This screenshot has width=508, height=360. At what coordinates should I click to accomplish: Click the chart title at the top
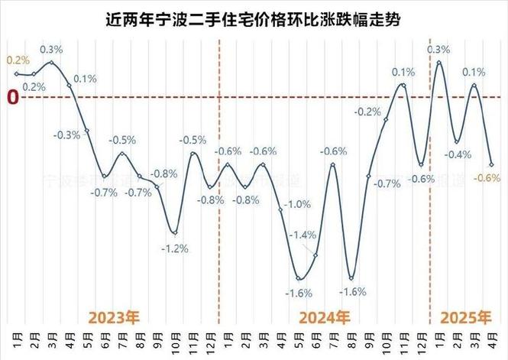[x=253, y=18]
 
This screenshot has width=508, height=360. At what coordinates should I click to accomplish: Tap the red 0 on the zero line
[x=11, y=98]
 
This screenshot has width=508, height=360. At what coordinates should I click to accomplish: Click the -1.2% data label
[x=175, y=248]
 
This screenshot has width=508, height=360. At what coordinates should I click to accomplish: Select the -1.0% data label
[x=297, y=205]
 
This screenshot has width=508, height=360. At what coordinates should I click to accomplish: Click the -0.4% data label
[x=458, y=155]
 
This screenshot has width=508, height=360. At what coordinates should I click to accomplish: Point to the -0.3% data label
[x=67, y=135]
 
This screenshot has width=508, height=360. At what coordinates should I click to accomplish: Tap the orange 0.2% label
[x=18, y=60]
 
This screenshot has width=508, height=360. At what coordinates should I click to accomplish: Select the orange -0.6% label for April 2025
[x=487, y=178]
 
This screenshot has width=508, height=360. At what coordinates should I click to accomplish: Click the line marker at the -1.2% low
[x=175, y=233]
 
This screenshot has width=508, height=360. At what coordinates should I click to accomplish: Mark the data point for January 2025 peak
[x=438, y=62]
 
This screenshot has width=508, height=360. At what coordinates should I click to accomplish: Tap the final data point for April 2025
[x=491, y=164]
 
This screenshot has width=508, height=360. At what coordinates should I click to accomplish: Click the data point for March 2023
[x=51, y=62]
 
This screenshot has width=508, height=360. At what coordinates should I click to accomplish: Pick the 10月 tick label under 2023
[x=175, y=339]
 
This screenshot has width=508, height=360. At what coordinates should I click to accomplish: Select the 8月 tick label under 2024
[x=351, y=339]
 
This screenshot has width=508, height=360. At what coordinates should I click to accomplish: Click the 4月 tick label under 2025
[x=491, y=339]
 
